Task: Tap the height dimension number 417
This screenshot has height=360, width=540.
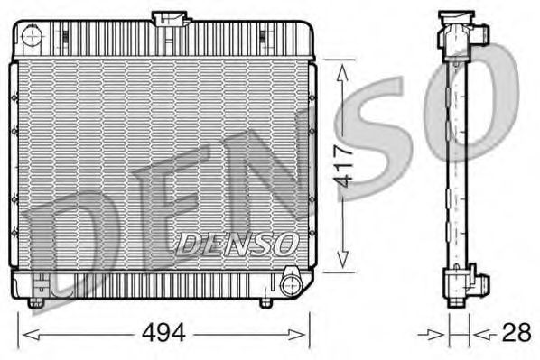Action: (x=341, y=165)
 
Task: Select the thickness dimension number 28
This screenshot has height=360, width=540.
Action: (x=516, y=334)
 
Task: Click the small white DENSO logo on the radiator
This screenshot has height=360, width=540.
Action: (x=237, y=242)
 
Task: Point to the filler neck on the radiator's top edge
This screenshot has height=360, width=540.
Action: (x=171, y=19)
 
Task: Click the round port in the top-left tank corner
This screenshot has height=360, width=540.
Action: (x=33, y=38)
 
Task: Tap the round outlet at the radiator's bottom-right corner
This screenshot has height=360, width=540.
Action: (x=290, y=284)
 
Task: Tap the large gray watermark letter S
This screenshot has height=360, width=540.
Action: (x=379, y=135)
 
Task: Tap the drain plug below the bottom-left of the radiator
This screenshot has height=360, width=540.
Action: (x=36, y=301)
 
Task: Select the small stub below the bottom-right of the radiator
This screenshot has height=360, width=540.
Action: (x=265, y=302)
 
